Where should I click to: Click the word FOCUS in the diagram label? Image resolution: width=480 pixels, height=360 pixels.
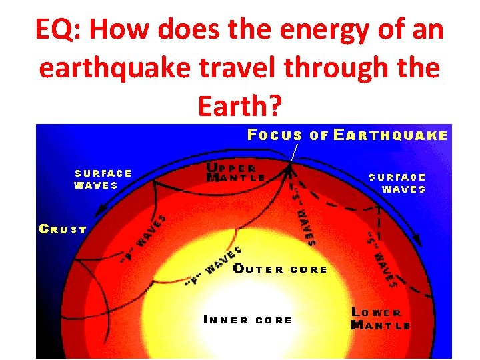(x=275, y=135)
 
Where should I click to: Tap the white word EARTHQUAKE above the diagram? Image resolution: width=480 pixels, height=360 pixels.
(x=390, y=135)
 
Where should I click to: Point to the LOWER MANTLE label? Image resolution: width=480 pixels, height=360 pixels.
(x=380, y=319)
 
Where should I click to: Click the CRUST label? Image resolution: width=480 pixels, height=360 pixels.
(x=63, y=229)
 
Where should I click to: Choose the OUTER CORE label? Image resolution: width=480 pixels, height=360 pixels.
(x=281, y=269)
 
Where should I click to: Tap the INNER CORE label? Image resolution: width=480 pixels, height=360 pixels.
(x=247, y=320)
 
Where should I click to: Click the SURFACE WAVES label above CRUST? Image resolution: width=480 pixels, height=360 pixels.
(x=103, y=179)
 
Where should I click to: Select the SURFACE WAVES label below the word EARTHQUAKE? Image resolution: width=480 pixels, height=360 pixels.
(x=397, y=183)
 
